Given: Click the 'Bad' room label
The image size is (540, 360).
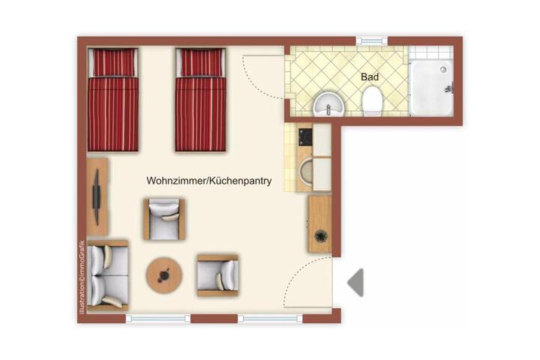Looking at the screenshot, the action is [x=370, y=76].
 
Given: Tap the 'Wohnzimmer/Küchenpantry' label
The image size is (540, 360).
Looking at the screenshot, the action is [x=209, y=181].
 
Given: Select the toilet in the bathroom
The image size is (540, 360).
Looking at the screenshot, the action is [x=372, y=100].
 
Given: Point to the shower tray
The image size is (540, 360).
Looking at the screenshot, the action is [x=430, y=88].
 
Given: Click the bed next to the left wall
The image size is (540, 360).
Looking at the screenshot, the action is [x=113, y=99].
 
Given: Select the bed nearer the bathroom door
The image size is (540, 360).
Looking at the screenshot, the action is [x=200, y=99].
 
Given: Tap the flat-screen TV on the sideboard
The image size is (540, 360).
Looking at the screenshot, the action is [x=97, y=197].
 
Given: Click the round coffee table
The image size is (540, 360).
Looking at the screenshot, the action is [x=164, y=275].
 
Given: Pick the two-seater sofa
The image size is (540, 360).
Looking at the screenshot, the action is [x=108, y=275].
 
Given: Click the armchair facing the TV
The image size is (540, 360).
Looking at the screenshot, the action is [x=164, y=219].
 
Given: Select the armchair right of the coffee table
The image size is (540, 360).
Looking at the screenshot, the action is [x=217, y=275].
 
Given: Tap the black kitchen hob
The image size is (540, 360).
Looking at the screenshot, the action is [x=305, y=136].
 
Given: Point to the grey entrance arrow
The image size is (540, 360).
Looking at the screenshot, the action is [x=355, y=283].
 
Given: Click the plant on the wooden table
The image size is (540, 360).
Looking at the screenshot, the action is [x=321, y=236].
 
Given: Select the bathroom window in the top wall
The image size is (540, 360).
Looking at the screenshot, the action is [x=371, y=41].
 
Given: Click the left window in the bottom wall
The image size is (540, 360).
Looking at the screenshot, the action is [x=158, y=319].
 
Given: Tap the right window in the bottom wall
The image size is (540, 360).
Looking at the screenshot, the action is [x=270, y=319].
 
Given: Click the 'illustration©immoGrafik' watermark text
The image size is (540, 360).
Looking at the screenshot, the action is [x=82, y=277].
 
